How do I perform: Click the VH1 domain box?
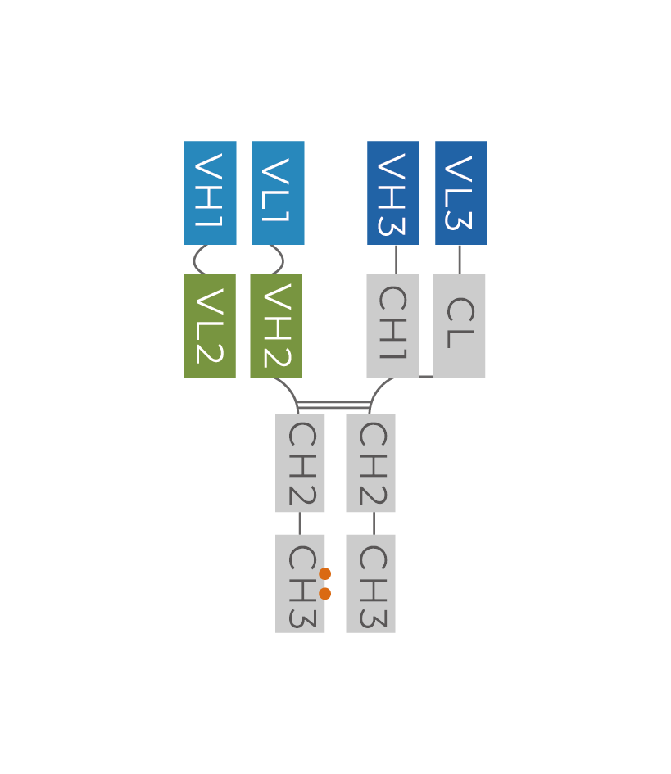[211, 192]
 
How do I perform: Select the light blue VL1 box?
[278, 192]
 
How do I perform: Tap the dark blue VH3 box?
[393, 192]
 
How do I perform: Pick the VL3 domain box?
[461, 192]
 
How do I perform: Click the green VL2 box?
[210, 326]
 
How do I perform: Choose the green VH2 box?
[276, 326]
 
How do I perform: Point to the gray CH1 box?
[392, 326]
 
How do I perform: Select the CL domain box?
[460, 326]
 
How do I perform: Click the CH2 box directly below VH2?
[300, 463]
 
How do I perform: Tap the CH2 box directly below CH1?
[370, 463]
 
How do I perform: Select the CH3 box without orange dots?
[370, 583]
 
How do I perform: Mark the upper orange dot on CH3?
[325, 573]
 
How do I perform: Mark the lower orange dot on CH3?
[325, 593]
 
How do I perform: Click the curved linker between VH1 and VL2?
[195, 260]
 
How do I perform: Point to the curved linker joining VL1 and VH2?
[283, 260]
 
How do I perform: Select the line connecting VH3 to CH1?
[396, 259]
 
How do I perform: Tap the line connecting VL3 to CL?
[459, 259]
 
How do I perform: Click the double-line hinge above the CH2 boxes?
[333, 404]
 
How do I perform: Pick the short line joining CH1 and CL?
[425, 377]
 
